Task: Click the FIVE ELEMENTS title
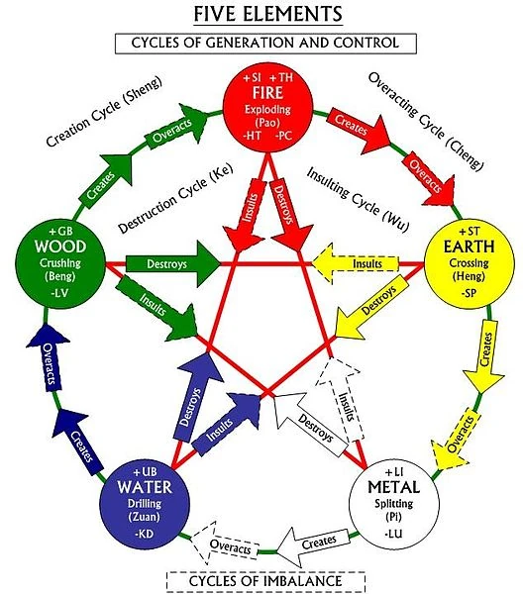pos(261,15)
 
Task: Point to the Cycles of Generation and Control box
pos(261,43)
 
